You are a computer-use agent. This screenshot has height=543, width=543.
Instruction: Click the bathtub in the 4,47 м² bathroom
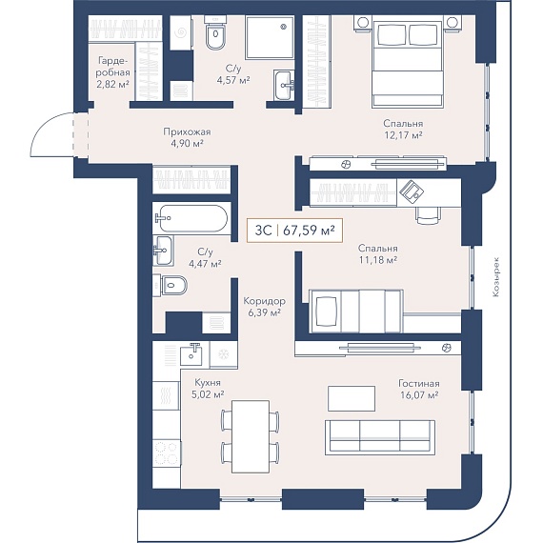tap(191, 218)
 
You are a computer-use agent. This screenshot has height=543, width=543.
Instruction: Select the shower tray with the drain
tap(270, 38)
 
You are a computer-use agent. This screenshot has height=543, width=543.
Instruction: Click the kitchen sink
tap(191, 353)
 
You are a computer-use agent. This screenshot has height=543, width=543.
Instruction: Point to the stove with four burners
tap(167, 453)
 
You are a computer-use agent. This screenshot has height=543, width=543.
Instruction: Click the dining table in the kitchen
tap(251, 436)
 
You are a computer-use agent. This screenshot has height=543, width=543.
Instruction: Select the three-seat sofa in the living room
tap(380, 437)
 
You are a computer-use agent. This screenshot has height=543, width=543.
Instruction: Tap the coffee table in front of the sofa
tap(352, 398)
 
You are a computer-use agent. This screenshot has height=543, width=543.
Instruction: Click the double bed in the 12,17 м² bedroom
tap(408, 63)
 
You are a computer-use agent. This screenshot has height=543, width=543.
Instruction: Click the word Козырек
tap(496, 276)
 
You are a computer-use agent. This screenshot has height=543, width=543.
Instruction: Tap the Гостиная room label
tap(419, 384)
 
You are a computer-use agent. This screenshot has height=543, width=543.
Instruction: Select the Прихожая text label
tap(187, 132)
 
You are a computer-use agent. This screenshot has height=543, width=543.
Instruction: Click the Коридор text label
tap(265, 301)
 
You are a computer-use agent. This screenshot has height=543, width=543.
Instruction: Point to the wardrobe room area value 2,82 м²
tap(113, 85)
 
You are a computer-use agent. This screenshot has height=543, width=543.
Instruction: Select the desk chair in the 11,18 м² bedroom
tap(429, 215)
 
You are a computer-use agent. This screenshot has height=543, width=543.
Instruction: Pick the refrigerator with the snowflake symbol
tap(223, 354)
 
